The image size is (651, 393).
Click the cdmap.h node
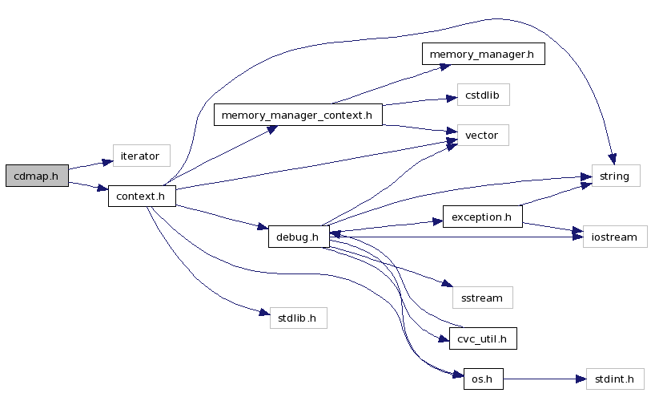[x=37, y=176]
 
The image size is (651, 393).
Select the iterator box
[x=141, y=156]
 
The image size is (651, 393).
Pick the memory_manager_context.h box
[x=297, y=115]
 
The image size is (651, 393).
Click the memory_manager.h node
[x=483, y=54]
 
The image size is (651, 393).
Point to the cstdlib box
[x=482, y=95]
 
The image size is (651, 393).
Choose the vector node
[x=481, y=136]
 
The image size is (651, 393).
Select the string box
[x=615, y=176]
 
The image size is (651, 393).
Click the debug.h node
[x=297, y=237]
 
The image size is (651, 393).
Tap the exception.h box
[x=482, y=217]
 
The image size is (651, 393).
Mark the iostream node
[x=614, y=237]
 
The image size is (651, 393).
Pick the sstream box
[x=482, y=298]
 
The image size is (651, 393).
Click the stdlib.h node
[x=297, y=318]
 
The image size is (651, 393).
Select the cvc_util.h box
[x=482, y=339]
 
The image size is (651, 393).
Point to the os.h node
[x=483, y=378]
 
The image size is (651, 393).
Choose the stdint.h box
[x=615, y=378]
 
